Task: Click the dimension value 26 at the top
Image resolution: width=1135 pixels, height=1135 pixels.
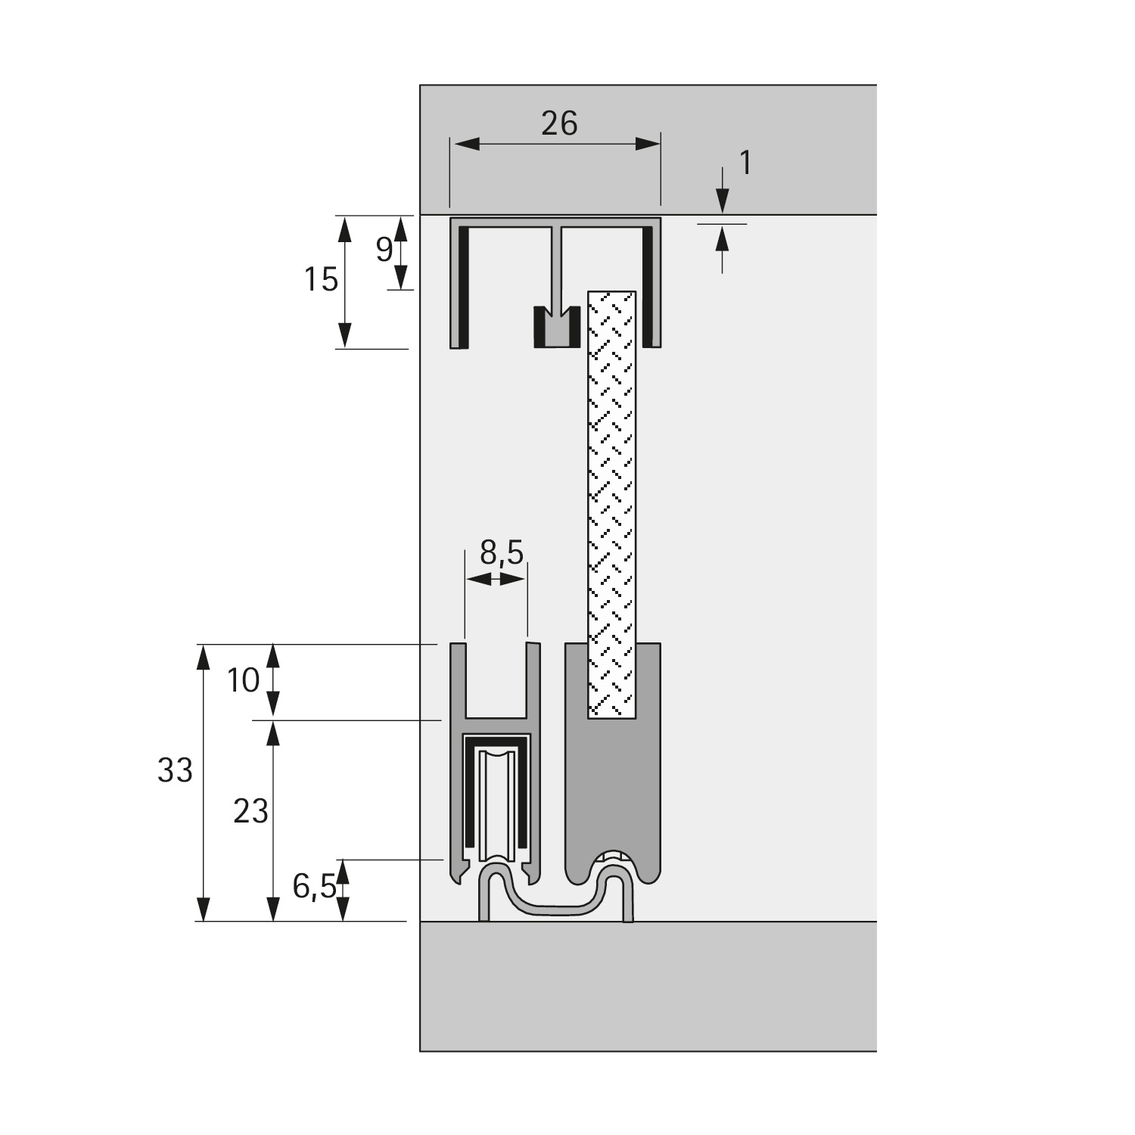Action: [559, 123]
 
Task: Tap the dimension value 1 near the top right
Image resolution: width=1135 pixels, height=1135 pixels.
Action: [745, 163]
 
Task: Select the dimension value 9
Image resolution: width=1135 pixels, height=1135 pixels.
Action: [384, 249]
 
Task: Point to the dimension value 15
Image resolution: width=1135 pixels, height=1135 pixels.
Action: [321, 280]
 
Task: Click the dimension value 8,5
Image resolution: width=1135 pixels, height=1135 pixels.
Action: [502, 553]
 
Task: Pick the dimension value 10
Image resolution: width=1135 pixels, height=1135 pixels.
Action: [244, 681]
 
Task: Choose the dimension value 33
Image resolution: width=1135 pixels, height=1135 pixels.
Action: [175, 771]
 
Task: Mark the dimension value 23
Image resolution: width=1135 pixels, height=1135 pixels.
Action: [250, 812]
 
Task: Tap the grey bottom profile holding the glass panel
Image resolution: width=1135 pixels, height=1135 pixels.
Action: [613, 794]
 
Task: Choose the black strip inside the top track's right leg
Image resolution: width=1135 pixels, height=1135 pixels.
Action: [648, 288]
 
